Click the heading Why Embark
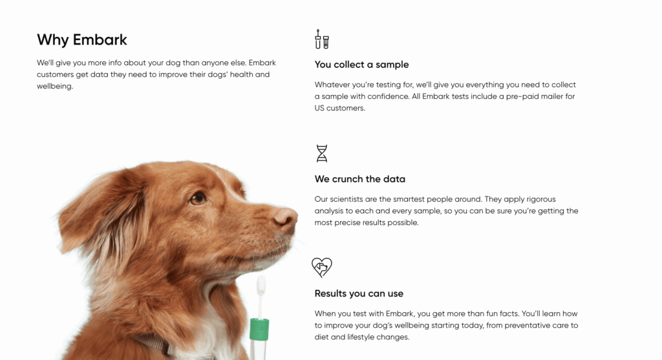coord(82,39)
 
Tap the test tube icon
coord(322,39)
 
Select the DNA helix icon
coord(322,153)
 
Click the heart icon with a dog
coord(322,268)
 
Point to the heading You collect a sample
coord(361,65)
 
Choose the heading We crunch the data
coord(359,179)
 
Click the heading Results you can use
coord(359,293)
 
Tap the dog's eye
coord(198,198)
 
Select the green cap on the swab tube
coord(259,329)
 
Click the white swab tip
coord(261,286)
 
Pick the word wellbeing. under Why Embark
coord(55,87)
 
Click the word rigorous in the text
coord(540,200)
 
